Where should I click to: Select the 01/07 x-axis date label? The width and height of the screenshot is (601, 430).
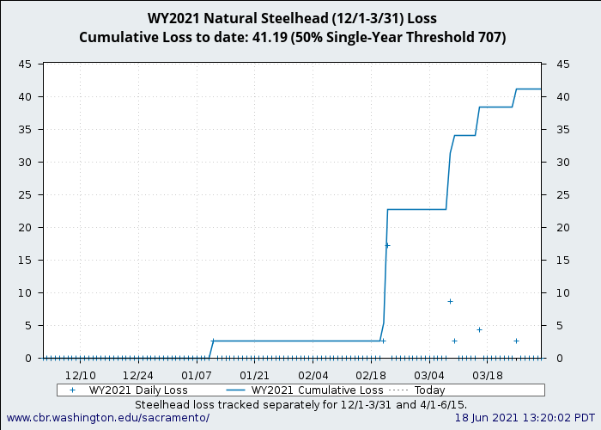point(197,375)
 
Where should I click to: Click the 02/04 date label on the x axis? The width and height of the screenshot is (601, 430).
point(313,375)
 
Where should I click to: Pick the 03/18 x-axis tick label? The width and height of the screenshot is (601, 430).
point(488,375)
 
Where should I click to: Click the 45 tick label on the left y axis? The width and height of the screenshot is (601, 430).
point(26,64)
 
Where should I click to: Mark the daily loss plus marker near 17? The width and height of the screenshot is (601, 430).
point(387,245)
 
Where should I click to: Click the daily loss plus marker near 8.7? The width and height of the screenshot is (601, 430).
point(450,301)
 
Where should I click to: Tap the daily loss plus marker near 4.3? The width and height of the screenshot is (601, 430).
point(479,329)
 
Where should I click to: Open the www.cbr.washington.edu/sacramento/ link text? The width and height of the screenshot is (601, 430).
point(107,417)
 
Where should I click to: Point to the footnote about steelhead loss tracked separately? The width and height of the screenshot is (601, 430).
point(300,403)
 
